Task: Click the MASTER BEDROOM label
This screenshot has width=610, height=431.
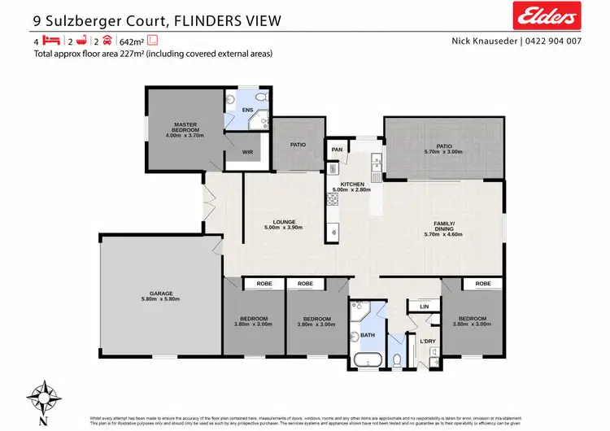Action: click(x=185, y=127)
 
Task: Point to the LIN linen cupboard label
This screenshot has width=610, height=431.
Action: click(x=423, y=306)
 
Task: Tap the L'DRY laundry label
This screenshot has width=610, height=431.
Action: click(x=428, y=342)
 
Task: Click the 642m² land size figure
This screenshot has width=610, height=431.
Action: click(x=131, y=41)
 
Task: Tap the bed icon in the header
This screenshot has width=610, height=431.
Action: click(x=51, y=41)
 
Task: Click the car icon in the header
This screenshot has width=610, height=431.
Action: click(x=107, y=41)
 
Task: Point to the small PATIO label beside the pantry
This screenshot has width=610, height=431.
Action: click(x=298, y=145)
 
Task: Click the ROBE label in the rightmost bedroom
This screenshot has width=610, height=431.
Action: click(x=483, y=284)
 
